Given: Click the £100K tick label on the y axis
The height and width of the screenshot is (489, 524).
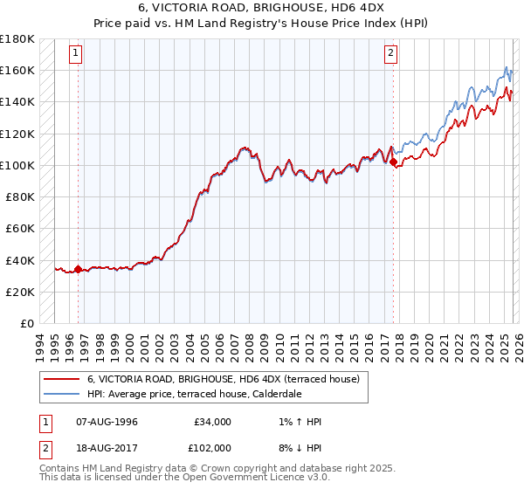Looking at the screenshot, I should (17, 165).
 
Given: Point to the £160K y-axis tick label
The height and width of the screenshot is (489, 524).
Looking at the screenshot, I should (17, 70).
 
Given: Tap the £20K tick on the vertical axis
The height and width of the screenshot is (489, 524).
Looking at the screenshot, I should (19, 292).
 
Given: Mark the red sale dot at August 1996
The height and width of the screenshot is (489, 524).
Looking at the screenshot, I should (79, 269).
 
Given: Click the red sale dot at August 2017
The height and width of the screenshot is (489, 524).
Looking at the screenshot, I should (394, 162).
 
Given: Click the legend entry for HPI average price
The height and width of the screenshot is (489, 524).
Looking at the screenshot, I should (194, 395).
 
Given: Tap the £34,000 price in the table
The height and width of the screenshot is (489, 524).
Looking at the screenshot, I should (212, 422).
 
